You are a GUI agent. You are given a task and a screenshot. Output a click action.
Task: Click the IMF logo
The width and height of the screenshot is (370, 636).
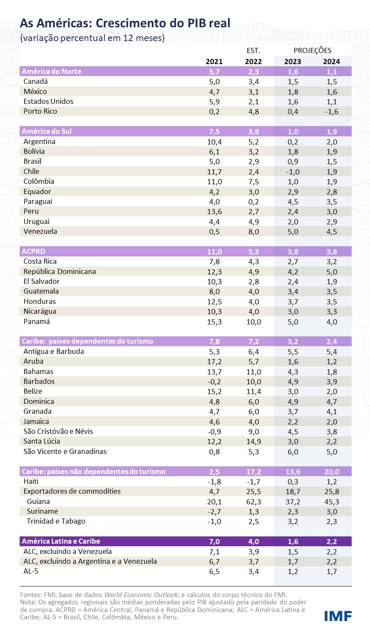[x=338, y=616]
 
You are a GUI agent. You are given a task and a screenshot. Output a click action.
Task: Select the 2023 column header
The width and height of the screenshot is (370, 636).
[x=293, y=62]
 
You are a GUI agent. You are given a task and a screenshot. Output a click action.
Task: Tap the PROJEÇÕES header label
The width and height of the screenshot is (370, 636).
[x=312, y=50]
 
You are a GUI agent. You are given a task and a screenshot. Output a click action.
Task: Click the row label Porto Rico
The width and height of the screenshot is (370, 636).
[x=40, y=111]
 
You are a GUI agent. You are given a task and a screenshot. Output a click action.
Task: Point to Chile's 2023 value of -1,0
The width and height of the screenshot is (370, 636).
[x=292, y=171]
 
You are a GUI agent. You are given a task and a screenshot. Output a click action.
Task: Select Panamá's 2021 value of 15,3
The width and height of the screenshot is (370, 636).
[x=214, y=321]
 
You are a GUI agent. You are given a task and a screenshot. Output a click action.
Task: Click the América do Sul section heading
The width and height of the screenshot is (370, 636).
[x=47, y=131]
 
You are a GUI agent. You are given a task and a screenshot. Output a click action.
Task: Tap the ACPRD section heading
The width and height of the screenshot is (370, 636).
[x=33, y=251]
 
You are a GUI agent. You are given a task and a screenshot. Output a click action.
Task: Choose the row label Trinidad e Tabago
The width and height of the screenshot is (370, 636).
[x=56, y=521]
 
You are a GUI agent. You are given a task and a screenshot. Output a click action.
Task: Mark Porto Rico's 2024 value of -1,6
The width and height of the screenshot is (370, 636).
[x=331, y=112]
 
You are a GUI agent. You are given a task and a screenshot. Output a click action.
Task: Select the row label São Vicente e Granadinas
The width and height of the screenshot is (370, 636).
[x=65, y=451]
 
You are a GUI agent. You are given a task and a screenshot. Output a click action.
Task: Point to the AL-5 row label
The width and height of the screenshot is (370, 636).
[x=31, y=571]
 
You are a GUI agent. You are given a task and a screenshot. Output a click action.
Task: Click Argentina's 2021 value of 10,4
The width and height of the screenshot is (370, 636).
[x=214, y=141]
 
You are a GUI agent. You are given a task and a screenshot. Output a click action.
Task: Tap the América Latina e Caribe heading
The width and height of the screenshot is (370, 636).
[x=61, y=541]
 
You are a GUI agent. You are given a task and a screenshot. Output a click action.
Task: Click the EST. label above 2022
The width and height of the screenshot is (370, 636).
[x=253, y=50]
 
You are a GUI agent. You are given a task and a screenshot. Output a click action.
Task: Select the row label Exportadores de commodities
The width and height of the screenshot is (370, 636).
[x=72, y=491]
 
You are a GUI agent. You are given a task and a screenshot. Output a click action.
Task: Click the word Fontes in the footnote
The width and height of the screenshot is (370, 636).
[x=31, y=595]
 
